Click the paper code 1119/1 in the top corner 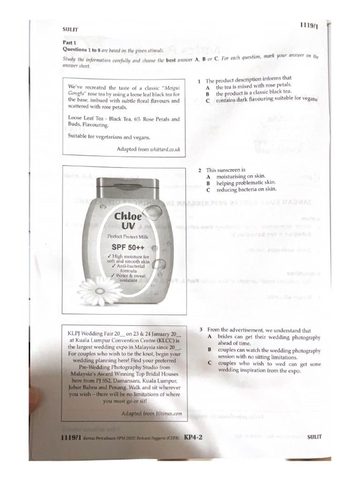309,26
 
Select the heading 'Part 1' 69,42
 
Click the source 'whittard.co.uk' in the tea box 165,150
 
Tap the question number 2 199,170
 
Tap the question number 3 201,330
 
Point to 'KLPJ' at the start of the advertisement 76,334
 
